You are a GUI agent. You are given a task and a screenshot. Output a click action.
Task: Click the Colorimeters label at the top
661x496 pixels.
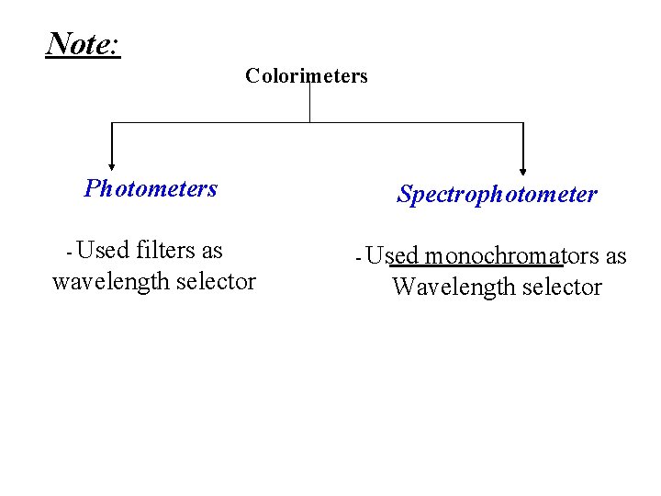(306, 76)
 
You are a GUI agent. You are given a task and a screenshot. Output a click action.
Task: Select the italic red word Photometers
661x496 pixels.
(151, 189)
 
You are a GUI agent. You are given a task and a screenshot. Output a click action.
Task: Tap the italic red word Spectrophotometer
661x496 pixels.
(497, 195)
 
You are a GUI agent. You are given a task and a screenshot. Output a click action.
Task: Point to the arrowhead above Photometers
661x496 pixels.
(112, 166)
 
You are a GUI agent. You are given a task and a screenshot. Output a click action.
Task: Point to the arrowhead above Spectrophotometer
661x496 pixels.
(523, 169)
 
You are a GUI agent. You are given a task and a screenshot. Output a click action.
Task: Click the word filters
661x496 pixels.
(165, 250)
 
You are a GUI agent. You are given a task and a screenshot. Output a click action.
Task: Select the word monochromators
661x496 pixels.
(493, 255)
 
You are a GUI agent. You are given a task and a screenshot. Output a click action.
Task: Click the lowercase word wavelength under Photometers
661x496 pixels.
(110, 281)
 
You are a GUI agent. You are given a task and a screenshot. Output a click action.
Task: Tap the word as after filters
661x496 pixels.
(212, 250)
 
